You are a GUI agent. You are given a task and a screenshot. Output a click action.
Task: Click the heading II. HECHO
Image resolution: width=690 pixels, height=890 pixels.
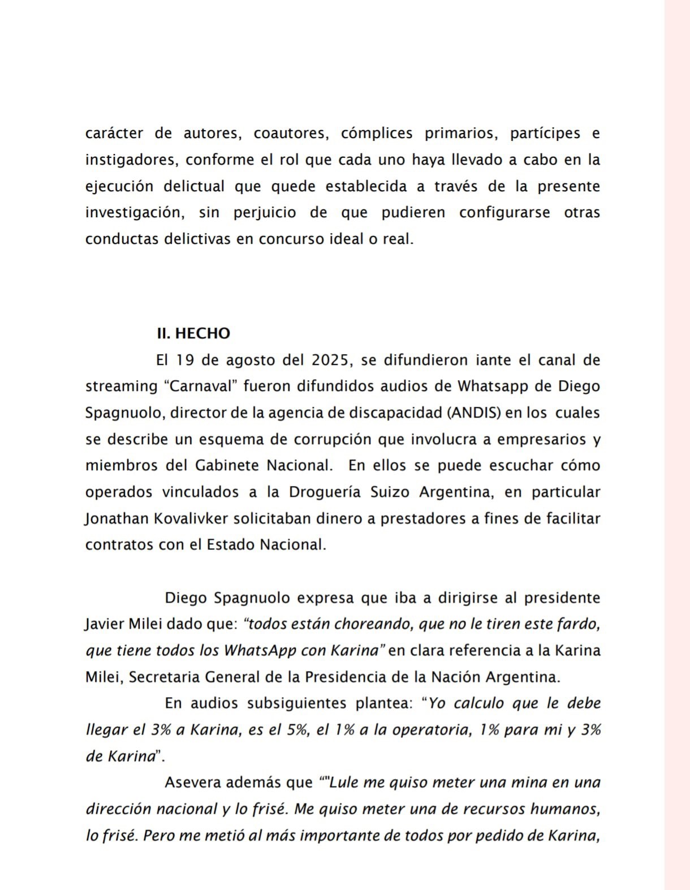click(193, 333)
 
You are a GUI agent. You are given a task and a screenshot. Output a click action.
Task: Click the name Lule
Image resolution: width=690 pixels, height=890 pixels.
click(344, 782)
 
